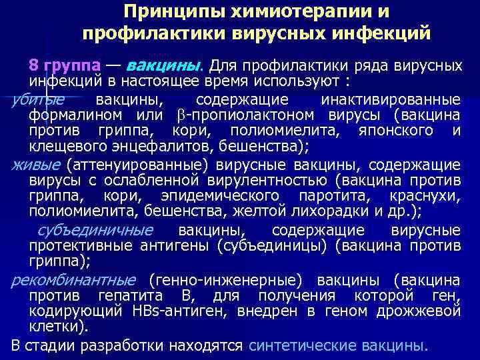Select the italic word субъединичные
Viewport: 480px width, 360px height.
point(95,230)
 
